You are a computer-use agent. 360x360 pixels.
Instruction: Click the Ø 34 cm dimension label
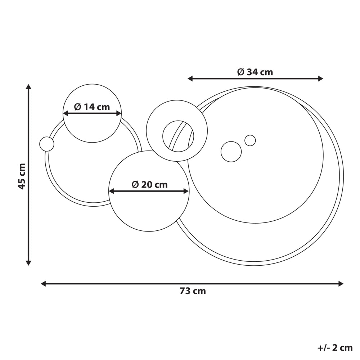point(255,72)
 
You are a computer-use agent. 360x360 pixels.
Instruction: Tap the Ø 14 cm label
point(92,107)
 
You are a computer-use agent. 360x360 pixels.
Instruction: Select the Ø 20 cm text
point(149,185)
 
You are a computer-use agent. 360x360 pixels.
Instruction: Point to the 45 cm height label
point(22,176)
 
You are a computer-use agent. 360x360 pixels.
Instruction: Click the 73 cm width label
point(193,291)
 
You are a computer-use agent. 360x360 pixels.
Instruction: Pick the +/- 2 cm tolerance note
point(335,348)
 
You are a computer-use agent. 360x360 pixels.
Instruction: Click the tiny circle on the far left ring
point(47,144)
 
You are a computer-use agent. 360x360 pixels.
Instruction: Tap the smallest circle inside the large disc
point(250,140)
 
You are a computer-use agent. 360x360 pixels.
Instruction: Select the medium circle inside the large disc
point(231,152)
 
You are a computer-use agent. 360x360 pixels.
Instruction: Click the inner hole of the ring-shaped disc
point(178,136)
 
